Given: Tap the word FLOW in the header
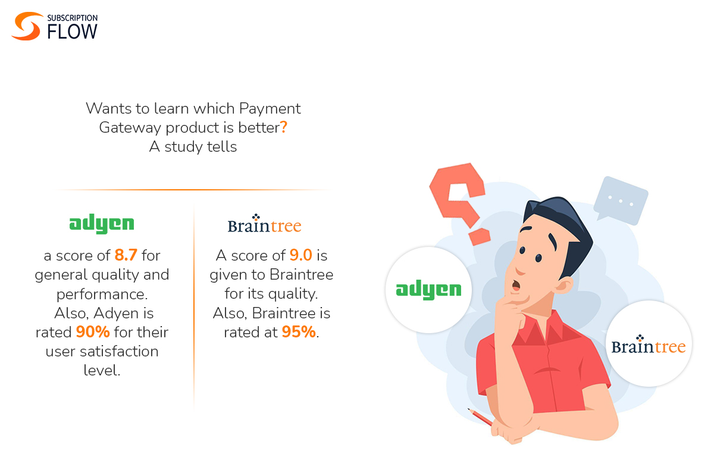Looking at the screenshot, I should click(72, 32).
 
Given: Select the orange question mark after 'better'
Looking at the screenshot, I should click(284, 127).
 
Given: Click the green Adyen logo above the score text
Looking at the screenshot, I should click(102, 224).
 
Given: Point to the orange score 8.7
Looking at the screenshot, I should click(126, 256).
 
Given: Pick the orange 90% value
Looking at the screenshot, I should click(93, 331).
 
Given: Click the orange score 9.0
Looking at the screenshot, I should click(300, 256).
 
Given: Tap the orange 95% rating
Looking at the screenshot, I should click(299, 331).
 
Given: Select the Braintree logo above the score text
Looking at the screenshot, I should click(264, 224).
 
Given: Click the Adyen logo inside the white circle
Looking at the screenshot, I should click(428, 290).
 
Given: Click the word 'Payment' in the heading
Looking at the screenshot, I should click(270, 108).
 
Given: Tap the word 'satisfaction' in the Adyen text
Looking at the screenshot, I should click(102, 351).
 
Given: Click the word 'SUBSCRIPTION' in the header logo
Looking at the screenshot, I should click(73, 18).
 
